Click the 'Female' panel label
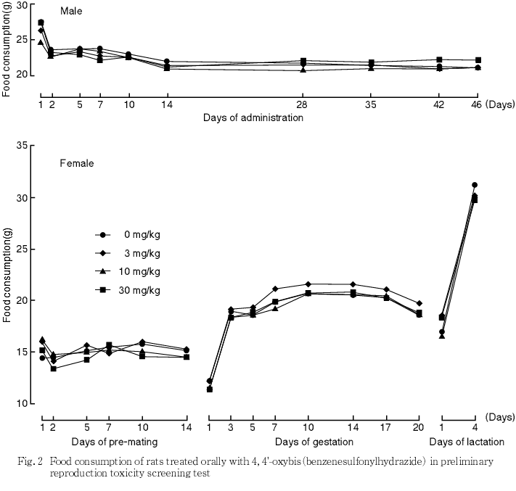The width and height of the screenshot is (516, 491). coord(76,163)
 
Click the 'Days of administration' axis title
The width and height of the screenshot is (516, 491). coord(253,117)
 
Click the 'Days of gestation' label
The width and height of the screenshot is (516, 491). coord(314,441)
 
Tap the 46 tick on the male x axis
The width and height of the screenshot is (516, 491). coord(477,104)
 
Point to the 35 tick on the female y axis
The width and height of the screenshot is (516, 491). coord(21,147)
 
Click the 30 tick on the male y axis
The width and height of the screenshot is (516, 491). coord(21,6)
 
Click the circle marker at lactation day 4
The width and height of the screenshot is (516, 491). coord(475,185)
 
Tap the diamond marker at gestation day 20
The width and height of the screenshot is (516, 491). coord(419,303)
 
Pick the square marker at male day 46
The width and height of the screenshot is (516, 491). coord(478,60)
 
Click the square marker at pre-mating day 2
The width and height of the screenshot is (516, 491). coord(53,368)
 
